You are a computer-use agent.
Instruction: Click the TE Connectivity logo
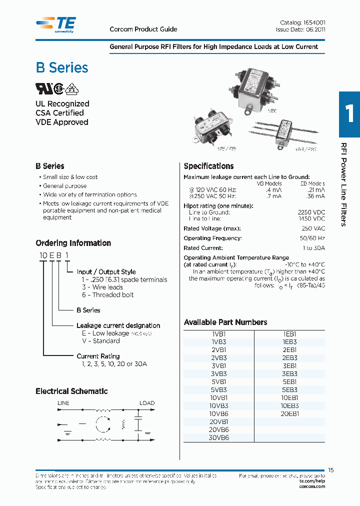point(55,24)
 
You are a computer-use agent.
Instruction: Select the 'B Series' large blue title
point(62,68)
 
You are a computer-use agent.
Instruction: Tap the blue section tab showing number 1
point(349,114)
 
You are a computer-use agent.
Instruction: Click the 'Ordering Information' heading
point(73,243)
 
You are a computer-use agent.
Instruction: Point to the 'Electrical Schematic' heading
point(71,391)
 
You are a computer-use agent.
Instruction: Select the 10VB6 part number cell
point(218,413)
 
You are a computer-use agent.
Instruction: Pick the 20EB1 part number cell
point(289,413)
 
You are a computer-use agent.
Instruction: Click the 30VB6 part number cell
point(218,437)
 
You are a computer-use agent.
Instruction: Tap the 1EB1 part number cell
point(289,333)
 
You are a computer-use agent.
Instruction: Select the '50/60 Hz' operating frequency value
point(312,238)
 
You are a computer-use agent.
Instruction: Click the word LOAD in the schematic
point(147,403)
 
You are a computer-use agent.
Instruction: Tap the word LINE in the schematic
point(63,403)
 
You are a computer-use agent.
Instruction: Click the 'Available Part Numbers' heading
point(225,322)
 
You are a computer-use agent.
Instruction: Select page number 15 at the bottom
point(330,470)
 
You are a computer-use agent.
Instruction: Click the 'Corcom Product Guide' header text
point(143,29)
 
